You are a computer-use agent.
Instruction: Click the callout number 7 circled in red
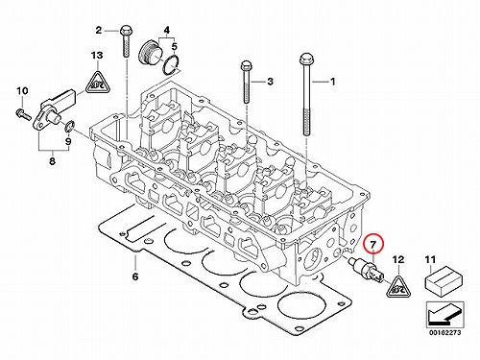373,245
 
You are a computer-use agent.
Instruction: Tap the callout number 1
333,82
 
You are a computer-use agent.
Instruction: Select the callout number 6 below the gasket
135,276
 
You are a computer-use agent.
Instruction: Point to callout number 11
430,260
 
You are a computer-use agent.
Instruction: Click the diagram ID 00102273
445,333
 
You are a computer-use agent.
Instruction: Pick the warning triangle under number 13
97,83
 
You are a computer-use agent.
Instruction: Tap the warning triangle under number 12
398,287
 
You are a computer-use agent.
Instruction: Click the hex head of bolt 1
306,60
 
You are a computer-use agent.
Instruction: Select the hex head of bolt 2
126,31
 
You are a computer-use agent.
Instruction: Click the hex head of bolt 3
246,66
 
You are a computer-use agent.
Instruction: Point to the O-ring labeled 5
171,66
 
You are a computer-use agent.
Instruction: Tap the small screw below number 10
23,113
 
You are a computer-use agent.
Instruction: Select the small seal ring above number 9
70,127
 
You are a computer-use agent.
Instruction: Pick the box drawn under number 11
444,281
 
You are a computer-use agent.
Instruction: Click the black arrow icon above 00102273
444,316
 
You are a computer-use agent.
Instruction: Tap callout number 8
52,160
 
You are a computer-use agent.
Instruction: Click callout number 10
22,91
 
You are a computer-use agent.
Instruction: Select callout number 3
271,82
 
